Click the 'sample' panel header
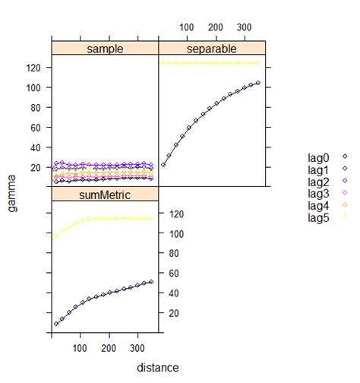(x=104, y=49)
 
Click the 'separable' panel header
(x=212, y=49)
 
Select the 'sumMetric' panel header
(x=104, y=195)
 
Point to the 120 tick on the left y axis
(x=33, y=68)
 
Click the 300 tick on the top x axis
(x=244, y=27)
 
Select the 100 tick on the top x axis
(x=185, y=27)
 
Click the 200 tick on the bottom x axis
(x=109, y=349)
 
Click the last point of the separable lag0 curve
(x=258, y=82)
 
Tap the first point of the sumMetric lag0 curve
(x=56, y=324)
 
